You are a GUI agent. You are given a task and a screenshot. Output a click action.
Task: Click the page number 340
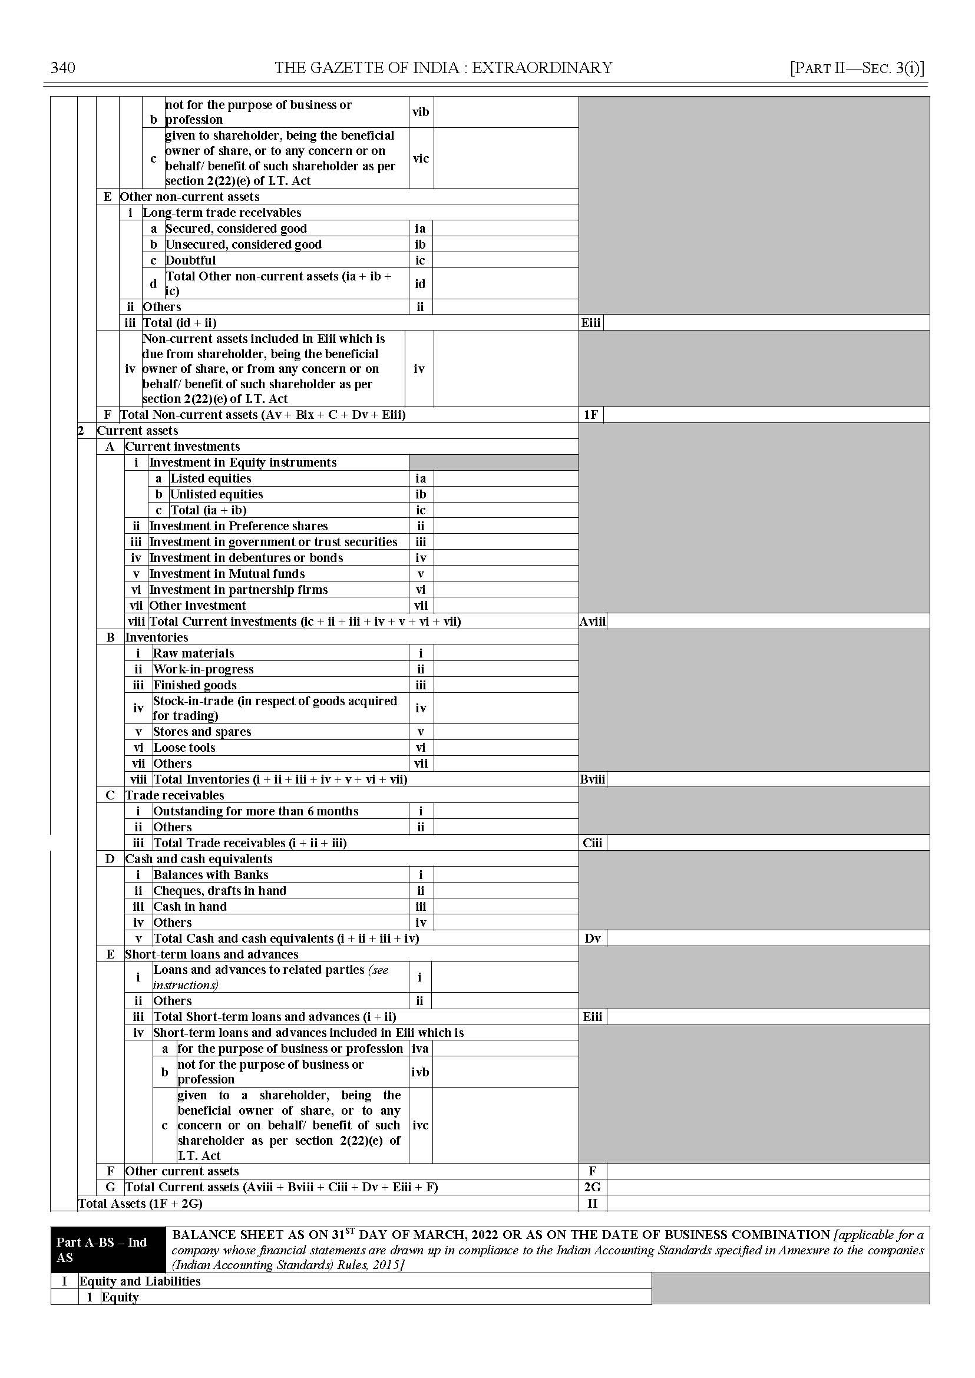click(x=63, y=68)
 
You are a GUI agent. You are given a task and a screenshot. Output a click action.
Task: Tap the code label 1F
click(x=591, y=415)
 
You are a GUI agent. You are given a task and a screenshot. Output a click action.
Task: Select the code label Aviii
click(x=593, y=622)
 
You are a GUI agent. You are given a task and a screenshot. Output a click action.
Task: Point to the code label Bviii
click(x=593, y=779)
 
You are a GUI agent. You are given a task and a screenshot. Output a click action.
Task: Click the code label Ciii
click(x=592, y=843)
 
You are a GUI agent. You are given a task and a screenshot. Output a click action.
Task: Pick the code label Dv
click(x=592, y=939)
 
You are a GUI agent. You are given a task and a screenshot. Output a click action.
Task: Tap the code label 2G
click(x=592, y=1187)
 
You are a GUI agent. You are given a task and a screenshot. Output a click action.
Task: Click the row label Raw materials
click(x=193, y=653)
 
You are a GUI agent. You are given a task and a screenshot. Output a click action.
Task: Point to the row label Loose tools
click(x=184, y=748)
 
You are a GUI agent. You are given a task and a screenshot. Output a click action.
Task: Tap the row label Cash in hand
click(x=190, y=907)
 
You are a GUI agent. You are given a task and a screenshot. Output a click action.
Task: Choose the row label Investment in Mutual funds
click(x=227, y=574)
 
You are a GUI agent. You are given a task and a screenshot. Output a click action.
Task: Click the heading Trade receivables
click(x=175, y=795)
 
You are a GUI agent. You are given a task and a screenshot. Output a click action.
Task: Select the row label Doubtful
click(x=190, y=260)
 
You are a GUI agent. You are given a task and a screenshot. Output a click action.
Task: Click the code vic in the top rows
click(x=421, y=158)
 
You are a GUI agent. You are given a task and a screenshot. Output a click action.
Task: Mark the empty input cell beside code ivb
click(x=505, y=1072)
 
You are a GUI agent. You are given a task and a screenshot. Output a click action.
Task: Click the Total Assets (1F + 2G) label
click(x=140, y=1203)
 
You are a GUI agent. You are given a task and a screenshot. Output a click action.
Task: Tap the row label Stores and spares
click(x=201, y=732)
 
